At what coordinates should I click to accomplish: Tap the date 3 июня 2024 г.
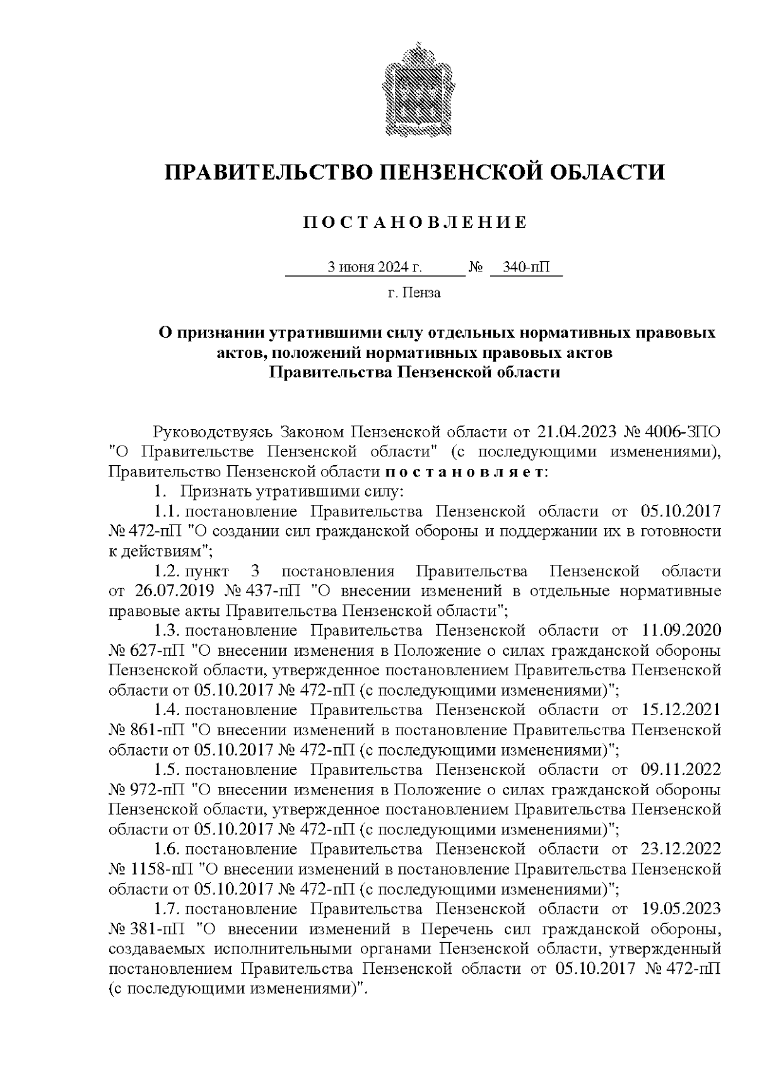click(x=374, y=268)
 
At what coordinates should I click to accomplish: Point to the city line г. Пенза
click(x=414, y=293)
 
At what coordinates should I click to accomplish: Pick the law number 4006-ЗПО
click(x=684, y=432)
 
